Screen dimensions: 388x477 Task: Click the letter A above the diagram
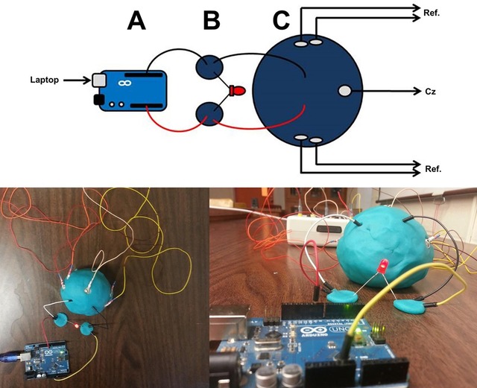point(136,21)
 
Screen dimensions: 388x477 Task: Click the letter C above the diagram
point(281,20)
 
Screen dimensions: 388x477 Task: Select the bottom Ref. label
point(432,170)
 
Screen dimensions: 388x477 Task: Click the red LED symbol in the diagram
point(238,91)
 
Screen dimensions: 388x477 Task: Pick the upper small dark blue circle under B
point(209,68)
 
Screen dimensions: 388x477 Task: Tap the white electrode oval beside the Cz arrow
point(344,91)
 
